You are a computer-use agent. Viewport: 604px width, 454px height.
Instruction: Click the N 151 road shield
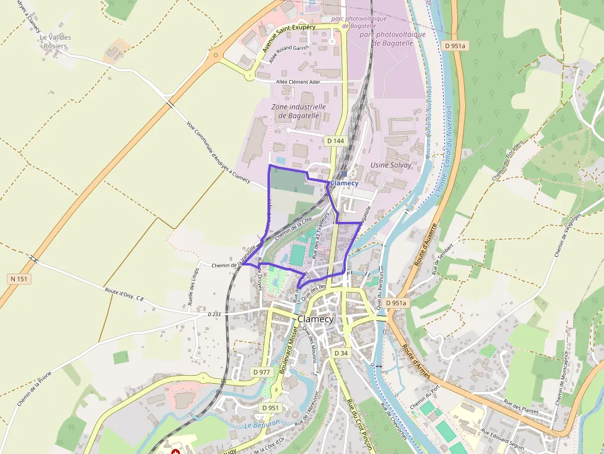[x=19, y=279]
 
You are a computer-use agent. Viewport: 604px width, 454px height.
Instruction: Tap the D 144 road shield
[x=335, y=141]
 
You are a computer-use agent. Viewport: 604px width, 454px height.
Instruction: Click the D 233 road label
[x=214, y=314]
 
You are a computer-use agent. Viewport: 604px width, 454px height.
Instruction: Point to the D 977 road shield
[x=262, y=372]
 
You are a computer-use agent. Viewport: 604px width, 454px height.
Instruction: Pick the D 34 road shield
[x=341, y=353]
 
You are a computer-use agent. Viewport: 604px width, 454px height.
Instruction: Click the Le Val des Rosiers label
[x=55, y=42]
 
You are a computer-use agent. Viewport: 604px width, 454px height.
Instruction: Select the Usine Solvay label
[x=391, y=166]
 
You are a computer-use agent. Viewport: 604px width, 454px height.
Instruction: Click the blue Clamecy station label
[x=344, y=184]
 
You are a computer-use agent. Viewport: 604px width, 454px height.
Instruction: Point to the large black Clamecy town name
[x=315, y=319]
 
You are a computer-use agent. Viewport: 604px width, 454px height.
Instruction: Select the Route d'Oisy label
[x=120, y=294]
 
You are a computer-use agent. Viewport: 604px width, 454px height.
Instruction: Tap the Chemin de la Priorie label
[x=35, y=388]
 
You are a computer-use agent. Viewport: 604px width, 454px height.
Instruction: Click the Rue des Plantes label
[x=521, y=407]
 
